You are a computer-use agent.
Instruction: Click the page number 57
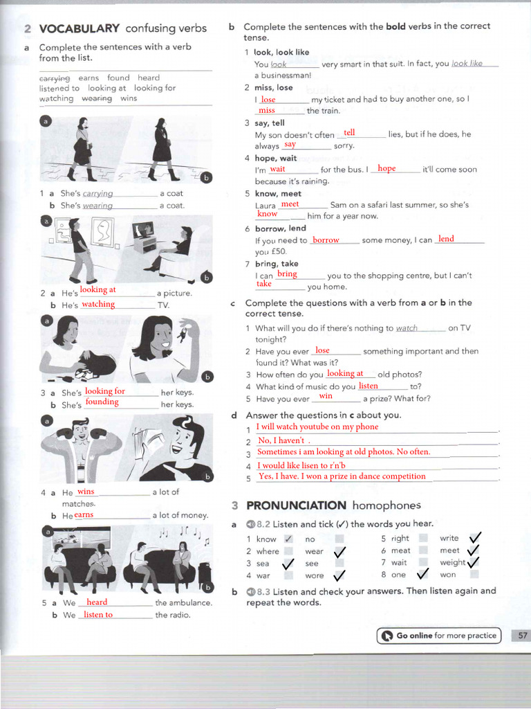pos(521,636)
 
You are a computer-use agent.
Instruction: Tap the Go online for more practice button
pos(439,636)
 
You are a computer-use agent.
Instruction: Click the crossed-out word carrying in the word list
pos(55,78)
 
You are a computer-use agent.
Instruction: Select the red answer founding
pos(102,402)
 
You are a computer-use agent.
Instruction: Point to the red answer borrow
pos(326,240)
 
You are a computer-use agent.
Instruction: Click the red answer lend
pos(446,239)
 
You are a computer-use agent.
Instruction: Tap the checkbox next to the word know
pos(288,539)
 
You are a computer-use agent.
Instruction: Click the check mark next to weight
pos(474,562)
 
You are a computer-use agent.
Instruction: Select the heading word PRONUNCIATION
pos(296,505)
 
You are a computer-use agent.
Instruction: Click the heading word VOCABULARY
pos(80,28)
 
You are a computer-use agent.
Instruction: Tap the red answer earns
pos(84,514)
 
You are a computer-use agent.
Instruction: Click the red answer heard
pos(97,602)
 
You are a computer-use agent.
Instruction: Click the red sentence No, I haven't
pos(281,440)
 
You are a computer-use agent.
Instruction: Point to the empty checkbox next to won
pos(474,574)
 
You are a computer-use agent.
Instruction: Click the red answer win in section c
pos(326,397)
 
